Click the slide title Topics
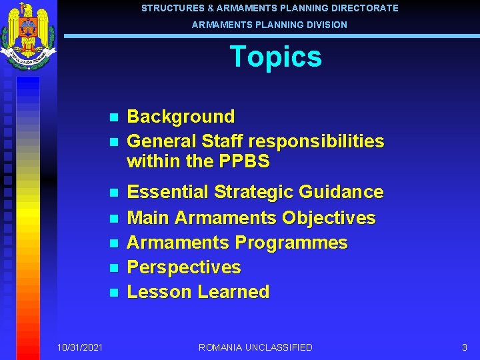tap(275, 57)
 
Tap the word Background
tap(181, 117)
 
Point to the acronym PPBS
tap(243, 161)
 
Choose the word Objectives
tap(329, 218)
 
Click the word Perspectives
tap(184, 267)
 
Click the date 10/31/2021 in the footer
tap(80, 347)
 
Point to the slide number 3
tap(465, 347)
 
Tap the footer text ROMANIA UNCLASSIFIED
tap(255, 347)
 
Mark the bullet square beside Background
tap(113, 117)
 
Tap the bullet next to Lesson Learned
tap(113, 293)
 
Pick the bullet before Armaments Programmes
tap(113, 243)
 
